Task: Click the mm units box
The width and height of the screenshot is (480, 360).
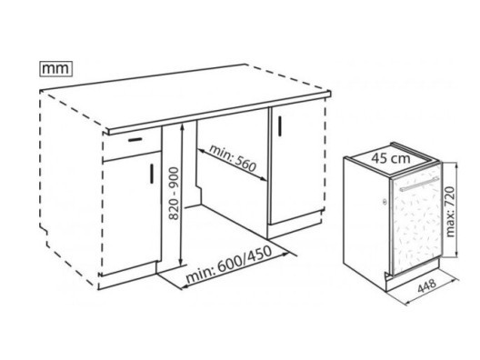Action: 56,68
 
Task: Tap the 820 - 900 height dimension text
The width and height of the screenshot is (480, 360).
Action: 174,193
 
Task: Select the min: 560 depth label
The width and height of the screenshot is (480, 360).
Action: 233,157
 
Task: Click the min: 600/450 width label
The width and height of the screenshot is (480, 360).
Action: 229,265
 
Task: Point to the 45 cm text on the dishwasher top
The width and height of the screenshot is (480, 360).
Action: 391,158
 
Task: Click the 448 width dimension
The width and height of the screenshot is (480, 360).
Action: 426,285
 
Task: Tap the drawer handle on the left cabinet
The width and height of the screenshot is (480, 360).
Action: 135,140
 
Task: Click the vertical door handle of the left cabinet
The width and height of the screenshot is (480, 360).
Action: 152,174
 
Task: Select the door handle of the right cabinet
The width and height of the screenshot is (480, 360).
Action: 280,125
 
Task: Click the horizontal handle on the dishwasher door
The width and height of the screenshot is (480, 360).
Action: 419,184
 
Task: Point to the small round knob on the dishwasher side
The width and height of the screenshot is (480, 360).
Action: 385,202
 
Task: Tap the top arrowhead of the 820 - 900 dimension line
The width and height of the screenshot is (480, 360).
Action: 182,125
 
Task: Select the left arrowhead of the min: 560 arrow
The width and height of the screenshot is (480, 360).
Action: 201,150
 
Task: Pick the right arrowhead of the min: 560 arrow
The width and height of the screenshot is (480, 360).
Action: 265,180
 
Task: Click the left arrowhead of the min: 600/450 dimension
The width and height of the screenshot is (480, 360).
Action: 185,287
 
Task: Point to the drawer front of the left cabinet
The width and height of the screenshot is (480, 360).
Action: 132,145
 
